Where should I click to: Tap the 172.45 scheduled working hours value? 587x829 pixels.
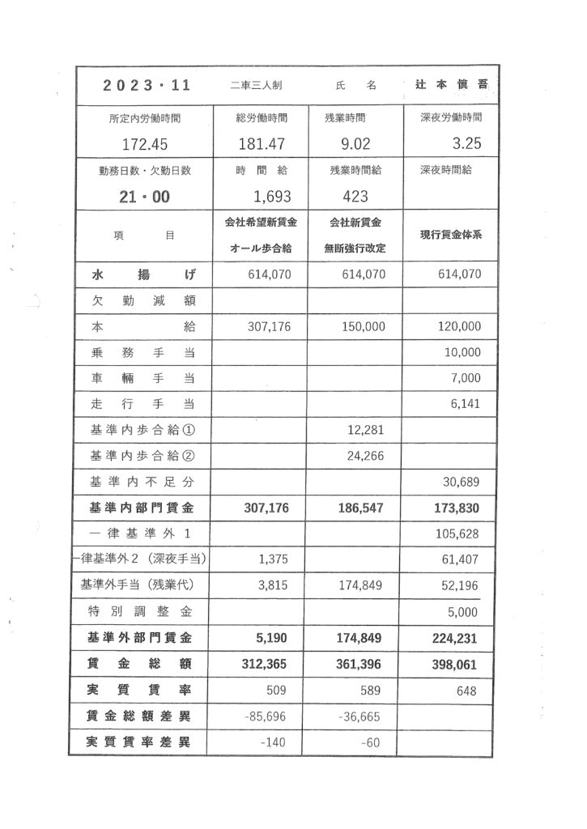coord(144,144)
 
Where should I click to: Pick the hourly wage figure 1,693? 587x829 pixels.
coord(260,196)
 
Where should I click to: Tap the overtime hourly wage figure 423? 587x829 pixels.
coord(355,196)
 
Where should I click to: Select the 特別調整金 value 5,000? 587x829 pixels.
coord(465,611)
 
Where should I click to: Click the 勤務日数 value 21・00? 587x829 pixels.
coord(144,196)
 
